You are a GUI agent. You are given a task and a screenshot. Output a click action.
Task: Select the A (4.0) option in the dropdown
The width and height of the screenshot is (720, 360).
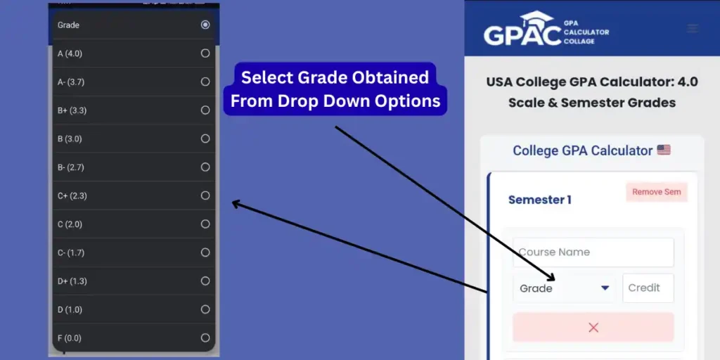click(70, 53)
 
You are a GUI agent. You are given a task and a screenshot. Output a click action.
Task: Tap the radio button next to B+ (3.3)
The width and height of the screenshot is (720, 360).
click(205, 110)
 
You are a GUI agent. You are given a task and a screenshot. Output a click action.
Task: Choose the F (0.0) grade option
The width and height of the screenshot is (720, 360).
click(70, 338)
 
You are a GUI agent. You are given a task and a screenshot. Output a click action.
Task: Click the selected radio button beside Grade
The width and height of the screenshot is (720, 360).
click(205, 25)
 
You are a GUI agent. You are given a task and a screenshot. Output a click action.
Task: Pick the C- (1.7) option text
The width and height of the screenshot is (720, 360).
click(71, 252)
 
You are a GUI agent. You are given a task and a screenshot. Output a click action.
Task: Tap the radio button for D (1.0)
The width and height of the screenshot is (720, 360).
click(205, 309)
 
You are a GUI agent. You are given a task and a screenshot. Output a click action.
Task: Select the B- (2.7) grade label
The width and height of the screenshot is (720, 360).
click(72, 167)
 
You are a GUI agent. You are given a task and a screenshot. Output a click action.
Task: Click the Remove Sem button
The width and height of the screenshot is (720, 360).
click(656, 192)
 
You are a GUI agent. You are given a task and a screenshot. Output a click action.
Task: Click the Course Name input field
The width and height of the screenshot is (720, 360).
click(593, 252)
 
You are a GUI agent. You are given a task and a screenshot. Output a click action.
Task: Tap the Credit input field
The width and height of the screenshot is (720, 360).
click(648, 288)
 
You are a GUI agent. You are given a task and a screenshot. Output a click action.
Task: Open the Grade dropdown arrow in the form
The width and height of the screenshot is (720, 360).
click(605, 288)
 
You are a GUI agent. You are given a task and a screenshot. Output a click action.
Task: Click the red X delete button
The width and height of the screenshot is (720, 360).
click(593, 328)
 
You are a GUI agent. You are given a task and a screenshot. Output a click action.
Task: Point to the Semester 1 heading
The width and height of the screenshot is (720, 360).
click(540, 200)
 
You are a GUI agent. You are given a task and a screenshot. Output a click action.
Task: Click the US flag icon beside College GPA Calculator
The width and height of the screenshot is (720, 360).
click(663, 150)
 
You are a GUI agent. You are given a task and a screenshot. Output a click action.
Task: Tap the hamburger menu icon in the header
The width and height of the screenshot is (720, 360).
click(693, 29)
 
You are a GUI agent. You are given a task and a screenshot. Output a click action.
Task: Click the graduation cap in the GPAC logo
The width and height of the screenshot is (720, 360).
click(536, 19)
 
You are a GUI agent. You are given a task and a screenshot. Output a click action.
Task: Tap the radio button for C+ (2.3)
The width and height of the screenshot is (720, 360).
click(205, 195)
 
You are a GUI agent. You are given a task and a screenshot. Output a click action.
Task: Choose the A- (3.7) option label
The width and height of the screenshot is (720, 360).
click(72, 82)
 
